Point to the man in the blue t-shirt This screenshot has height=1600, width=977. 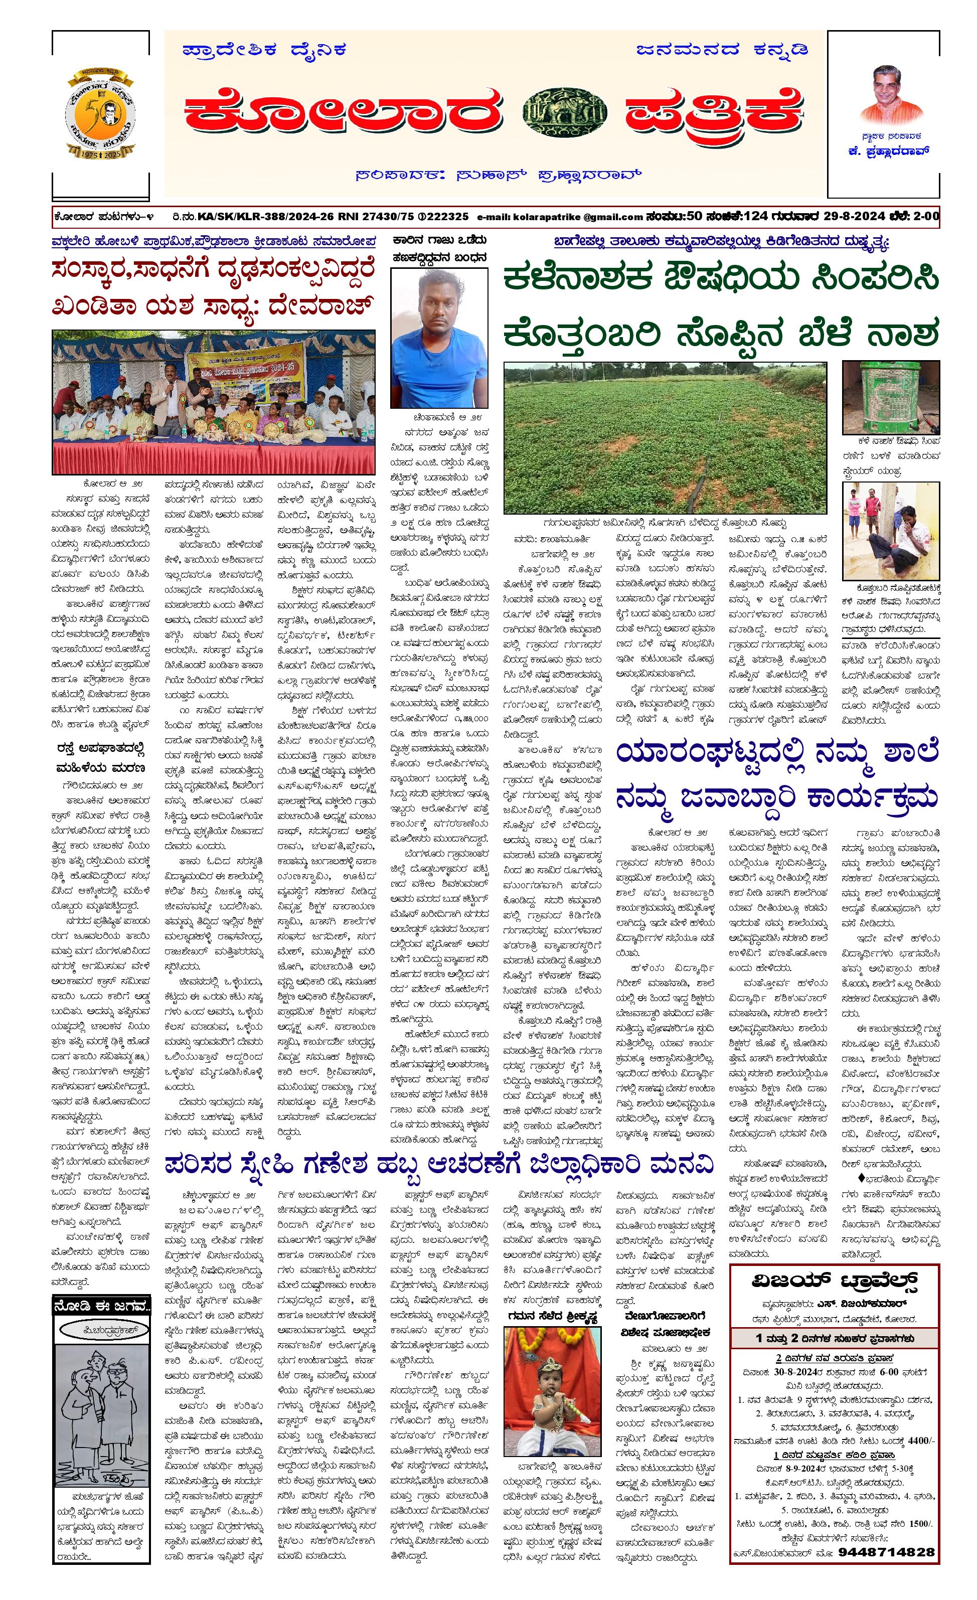pos(439,338)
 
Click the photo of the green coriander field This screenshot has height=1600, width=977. pos(666,438)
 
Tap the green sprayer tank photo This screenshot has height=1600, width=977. pos(890,397)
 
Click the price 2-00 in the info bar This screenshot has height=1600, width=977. pos(925,216)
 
